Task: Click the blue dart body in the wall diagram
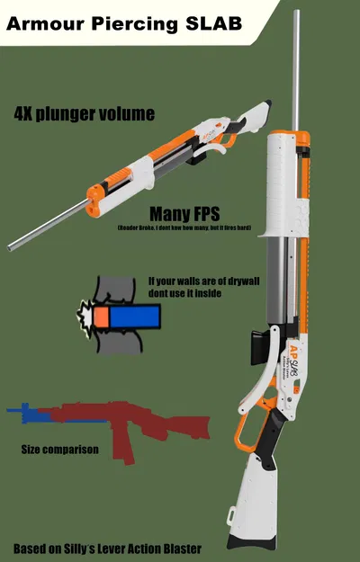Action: tap(135, 316)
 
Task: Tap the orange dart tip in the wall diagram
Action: tap(102, 317)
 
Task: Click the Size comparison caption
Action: tap(59, 450)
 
